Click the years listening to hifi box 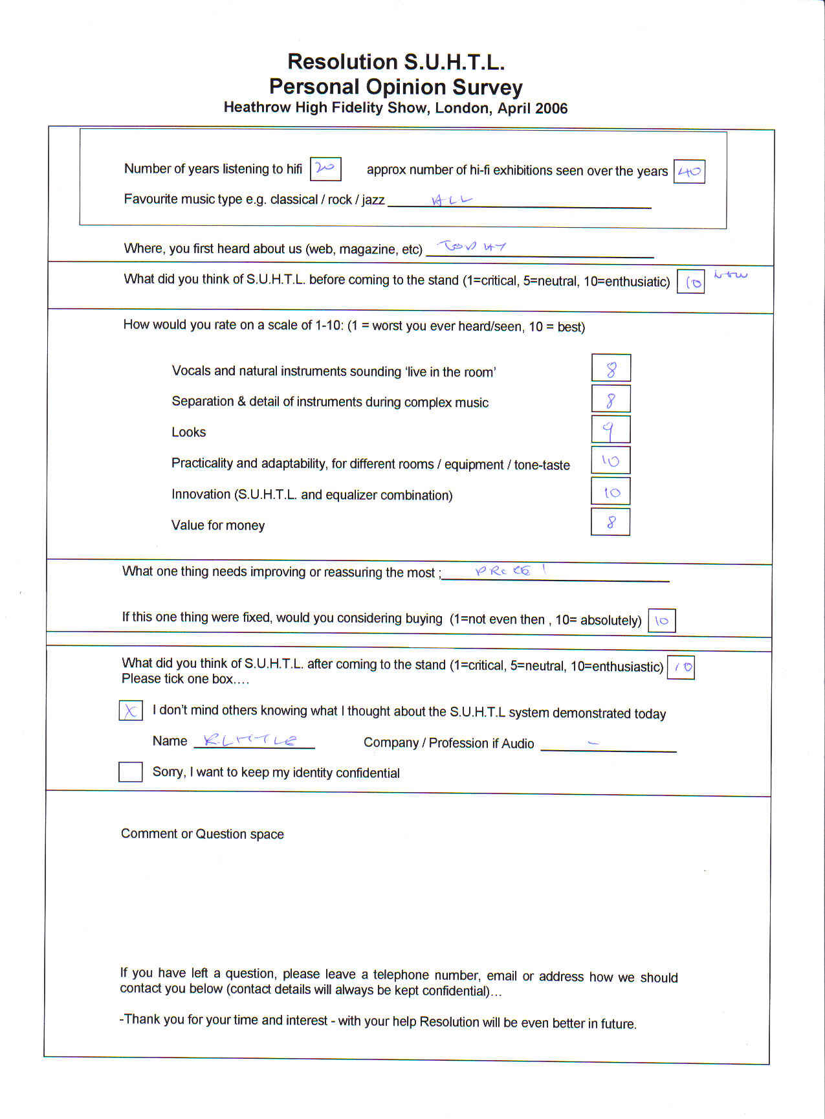coord(325,169)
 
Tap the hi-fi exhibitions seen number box coord(689,172)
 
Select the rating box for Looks coord(610,429)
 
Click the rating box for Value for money coord(610,522)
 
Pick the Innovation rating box coord(610,491)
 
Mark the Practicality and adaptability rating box coord(610,460)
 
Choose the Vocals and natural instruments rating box coord(611,368)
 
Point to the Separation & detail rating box coord(610,399)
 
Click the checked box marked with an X coord(130,711)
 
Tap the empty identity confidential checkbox coord(130,771)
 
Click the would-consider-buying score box coord(661,620)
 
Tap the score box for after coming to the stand coord(681,667)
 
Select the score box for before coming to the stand coord(690,282)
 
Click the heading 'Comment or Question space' coord(202,834)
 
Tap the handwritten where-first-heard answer coord(472,246)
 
